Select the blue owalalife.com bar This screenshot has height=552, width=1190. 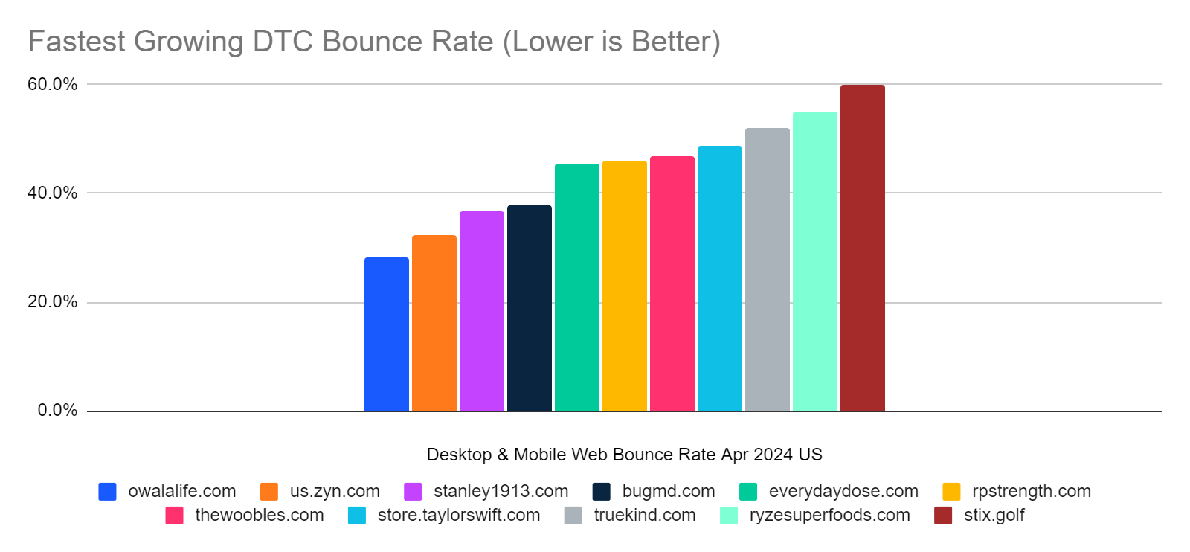(386, 334)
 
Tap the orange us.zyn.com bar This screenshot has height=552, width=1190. (434, 323)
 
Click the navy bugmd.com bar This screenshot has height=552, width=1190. (529, 308)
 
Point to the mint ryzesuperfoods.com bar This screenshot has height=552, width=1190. (814, 261)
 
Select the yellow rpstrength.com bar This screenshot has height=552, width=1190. (624, 286)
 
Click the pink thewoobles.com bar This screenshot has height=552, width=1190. (672, 283)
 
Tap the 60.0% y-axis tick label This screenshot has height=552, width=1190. (52, 84)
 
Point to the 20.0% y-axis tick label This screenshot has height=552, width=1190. (52, 301)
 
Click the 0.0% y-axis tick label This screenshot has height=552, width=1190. (57, 410)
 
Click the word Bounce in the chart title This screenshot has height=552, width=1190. (370, 42)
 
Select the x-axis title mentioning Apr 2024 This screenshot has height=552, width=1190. (624, 455)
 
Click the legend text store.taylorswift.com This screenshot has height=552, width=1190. (458, 515)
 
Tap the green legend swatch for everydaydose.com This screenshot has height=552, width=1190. (748, 492)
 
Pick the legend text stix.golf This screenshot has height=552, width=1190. (994, 515)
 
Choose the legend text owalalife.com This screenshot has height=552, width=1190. (181, 491)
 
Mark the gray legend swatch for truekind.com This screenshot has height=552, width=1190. (573, 516)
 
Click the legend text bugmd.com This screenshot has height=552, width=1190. (668, 491)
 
